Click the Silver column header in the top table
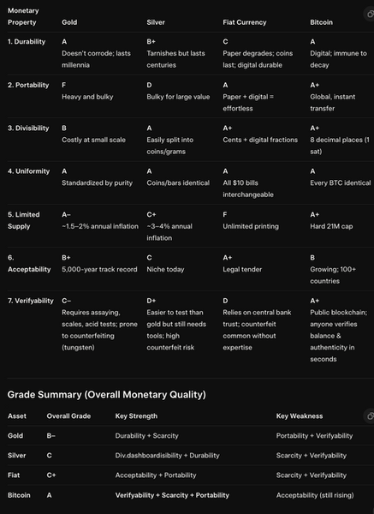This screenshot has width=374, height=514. tap(156, 22)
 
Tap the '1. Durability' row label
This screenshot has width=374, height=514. tap(27, 41)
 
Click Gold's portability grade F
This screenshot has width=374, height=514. tap(64, 85)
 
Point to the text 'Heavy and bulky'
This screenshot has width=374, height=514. tap(87, 98)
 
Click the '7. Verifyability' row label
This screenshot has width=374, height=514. tap(30, 301)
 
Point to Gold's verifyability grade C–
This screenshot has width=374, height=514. tap(67, 301)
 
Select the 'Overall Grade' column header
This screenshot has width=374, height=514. tap(69, 416)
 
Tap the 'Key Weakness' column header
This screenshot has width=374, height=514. tap(299, 416)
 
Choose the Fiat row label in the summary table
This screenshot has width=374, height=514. tap(14, 474)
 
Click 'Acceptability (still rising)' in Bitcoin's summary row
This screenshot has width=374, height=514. tap(317, 494)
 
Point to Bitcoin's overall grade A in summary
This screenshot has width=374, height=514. tap(49, 494)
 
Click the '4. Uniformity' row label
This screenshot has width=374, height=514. tap(27, 171)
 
